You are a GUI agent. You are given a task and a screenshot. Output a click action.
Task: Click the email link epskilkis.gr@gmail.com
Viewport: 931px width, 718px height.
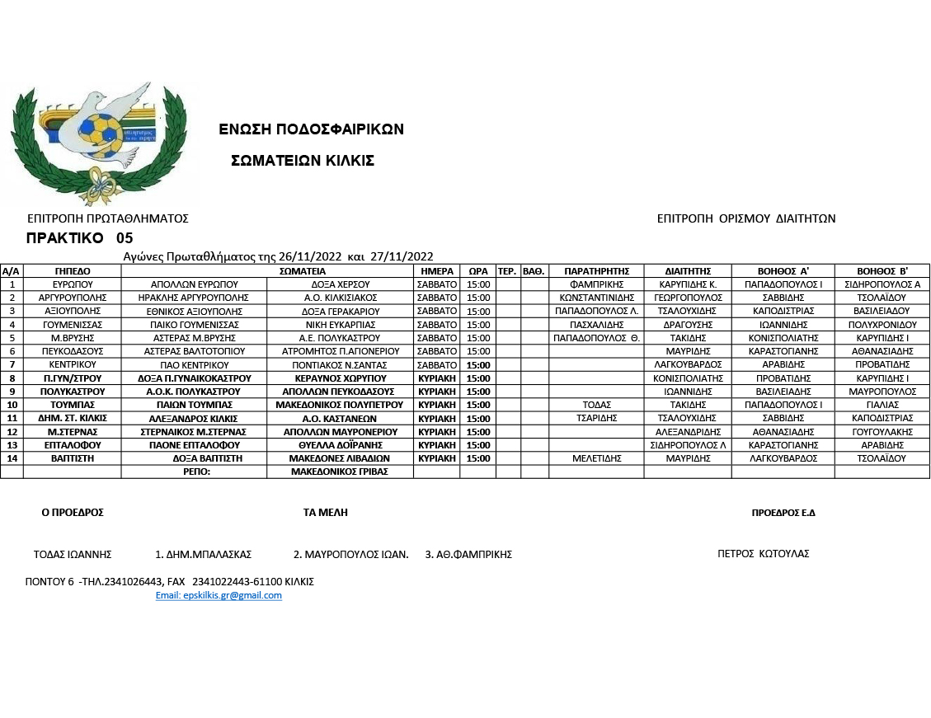[219, 595]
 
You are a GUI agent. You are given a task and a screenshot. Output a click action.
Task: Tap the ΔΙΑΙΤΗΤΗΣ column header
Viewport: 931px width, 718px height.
[688, 270]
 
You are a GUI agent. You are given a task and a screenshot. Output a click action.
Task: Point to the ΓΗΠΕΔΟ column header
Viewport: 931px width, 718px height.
[73, 270]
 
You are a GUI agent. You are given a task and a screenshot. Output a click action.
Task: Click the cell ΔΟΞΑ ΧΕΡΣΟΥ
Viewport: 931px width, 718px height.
[340, 284]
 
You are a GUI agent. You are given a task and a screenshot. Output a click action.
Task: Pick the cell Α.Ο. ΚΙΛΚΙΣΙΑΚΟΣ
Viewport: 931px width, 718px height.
[340, 298]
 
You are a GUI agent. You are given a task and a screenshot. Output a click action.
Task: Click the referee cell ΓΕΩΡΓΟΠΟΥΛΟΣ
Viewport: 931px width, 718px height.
[688, 298]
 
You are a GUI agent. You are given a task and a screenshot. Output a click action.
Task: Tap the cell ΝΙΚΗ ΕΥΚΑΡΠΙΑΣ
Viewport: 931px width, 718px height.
[340, 325]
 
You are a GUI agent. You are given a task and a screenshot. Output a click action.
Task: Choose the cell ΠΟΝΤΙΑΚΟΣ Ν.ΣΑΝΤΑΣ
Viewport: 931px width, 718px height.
[340, 364]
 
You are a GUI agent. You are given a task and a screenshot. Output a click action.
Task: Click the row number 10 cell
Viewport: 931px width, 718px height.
[12, 405]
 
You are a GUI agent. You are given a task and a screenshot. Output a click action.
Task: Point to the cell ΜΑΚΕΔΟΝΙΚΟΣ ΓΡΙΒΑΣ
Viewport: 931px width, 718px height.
[340, 472]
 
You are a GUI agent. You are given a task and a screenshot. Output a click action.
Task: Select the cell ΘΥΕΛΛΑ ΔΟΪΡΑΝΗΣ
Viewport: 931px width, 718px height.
[340, 445]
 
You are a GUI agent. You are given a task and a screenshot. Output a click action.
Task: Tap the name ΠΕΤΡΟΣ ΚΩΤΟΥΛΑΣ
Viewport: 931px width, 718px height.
[764, 554]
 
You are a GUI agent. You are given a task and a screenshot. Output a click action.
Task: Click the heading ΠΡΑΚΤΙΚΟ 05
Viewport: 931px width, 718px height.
[79, 238]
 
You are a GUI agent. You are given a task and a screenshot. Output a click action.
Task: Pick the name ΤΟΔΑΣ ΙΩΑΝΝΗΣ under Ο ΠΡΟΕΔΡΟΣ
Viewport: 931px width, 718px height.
[73, 555]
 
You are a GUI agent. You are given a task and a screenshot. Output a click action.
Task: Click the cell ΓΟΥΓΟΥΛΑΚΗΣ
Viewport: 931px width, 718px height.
[882, 432]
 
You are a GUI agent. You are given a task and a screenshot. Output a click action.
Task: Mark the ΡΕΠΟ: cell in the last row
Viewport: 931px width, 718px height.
[195, 472]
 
